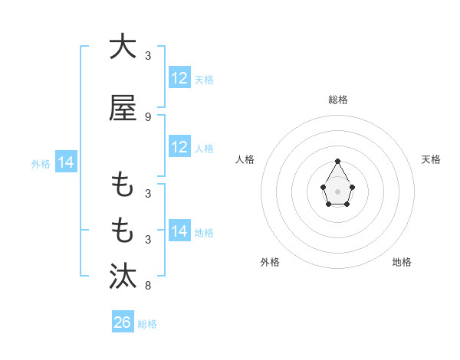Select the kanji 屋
(123, 108)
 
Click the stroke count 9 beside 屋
(148, 116)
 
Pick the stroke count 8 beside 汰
(148, 286)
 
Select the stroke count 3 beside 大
(148, 55)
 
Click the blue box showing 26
(123, 322)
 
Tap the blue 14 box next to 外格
(66, 162)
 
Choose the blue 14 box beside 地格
(179, 231)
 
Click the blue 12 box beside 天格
(179, 78)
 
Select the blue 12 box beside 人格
(179, 147)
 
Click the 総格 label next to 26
(147, 324)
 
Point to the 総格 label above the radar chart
(338, 100)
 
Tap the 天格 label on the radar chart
(432, 159)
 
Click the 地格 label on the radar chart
(402, 262)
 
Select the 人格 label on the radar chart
(245, 159)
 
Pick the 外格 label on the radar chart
(270, 262)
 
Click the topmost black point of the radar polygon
(338, 161)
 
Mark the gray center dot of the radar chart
(338, 191)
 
